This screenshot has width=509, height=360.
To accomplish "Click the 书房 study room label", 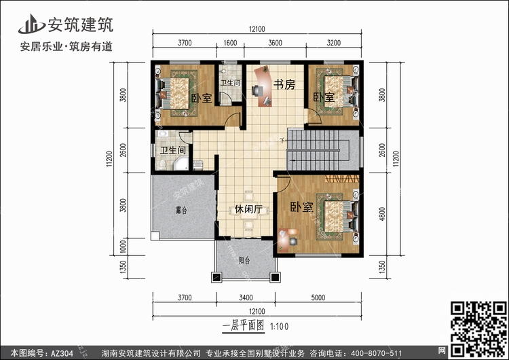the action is (284, 84).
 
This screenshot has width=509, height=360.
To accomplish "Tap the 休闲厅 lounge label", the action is (248, 209).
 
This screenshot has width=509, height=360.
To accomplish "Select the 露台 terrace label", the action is (181, 210).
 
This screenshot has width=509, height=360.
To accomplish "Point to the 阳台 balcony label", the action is (244, 260).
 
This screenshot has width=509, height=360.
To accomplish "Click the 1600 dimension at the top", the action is (230, 43).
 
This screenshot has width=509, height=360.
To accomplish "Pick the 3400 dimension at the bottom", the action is (246, 298).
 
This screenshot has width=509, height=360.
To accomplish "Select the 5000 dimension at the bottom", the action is (318, 298).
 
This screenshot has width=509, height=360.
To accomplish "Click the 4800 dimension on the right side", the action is (382, 214).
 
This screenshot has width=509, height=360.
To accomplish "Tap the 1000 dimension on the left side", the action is (123, 247).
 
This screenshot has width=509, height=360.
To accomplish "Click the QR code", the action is (478, 329).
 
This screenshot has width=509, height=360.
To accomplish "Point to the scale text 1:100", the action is (279, 327).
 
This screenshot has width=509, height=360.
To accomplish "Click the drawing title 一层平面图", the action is (244, 325).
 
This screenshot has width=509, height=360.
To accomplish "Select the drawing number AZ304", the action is (62, 353).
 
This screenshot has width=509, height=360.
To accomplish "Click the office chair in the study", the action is (257, 90).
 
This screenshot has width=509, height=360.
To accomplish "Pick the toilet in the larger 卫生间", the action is (162, 165).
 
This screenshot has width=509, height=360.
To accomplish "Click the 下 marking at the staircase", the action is (283, 141).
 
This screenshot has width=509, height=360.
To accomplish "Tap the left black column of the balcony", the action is (216, 277).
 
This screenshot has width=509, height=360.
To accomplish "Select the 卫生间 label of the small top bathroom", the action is (230, 83).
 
